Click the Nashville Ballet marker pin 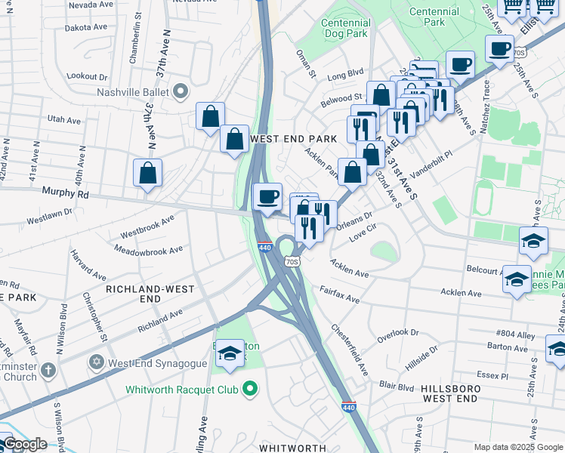tap(180, 92)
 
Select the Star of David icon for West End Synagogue tap(97, 362)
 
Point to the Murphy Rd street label tap(65, 193)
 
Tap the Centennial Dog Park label tap(345, 28)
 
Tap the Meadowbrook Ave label tap(149, 249)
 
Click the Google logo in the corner tap(24, 444)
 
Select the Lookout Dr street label tap(87, 76)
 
